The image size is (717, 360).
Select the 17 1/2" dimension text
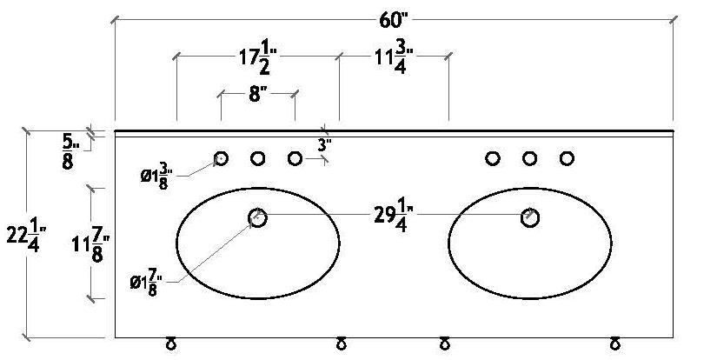pyautogui.click(x=258, y=58)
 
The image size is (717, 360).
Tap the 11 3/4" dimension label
pyautogui.click(x=393, y=58)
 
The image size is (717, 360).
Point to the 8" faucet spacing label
pyautogui.click(x=256, y=94)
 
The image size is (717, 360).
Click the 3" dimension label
pyautogui.click(x=324, y=145)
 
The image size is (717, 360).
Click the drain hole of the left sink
pyautogui.click(x=258, y=217)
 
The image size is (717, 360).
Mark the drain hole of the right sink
pyautogui.click(x=529, y=217)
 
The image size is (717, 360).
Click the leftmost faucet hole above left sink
pyautogui.click(x=221, y=158)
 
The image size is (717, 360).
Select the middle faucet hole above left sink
pyautogui.click(x=258, y=158)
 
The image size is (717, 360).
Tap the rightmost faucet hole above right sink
pyautogui.click(x=567, y=158)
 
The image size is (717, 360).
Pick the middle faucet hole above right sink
pyautogui.click(x=529, y=158)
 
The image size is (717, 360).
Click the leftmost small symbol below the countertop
pyautogui.click(x=171, y=344)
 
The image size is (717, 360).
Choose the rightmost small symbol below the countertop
pyautogui.click(x=615, y=344)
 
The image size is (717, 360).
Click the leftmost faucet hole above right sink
pyautogui.click(x=493, y=158)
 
